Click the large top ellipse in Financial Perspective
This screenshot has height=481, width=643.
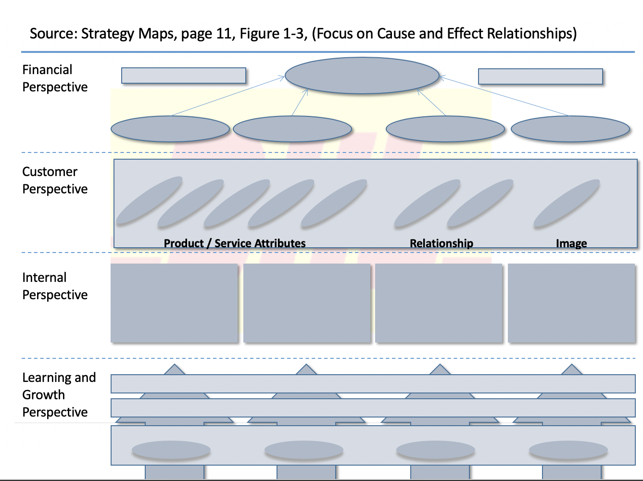click(362, 76)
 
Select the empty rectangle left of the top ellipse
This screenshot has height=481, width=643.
click(183, 76)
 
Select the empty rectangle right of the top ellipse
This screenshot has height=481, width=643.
click(540, 76)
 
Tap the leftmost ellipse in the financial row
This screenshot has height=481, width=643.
click(170, 129)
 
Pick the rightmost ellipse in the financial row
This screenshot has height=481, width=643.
click(570, 129)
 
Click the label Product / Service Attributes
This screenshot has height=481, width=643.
click(235, 243)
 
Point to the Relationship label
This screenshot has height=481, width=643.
click(441, 243)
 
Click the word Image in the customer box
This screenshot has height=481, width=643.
click(571, 243)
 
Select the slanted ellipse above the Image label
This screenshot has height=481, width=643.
click(567, 203)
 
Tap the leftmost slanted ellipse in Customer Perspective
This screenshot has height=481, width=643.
click(149, 200)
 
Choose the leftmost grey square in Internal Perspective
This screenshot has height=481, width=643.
click(174, 303)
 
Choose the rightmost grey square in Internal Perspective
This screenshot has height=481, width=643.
click(571, 303)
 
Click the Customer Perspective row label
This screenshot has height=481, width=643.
click(55, 180)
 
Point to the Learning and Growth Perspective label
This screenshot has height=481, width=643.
click(59, 394)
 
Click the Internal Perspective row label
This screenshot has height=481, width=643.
click(55, 286)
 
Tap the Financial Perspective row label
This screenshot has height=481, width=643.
click(55, 78)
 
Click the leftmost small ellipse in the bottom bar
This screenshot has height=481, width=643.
click(171, 451)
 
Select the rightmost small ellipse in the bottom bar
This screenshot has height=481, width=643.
click(568, 451)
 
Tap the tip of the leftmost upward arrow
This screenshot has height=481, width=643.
click(175, 367)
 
